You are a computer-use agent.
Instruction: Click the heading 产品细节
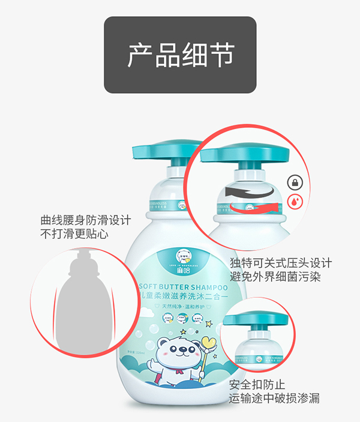pos(180,55)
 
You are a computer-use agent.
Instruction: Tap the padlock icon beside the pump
pos(295,182)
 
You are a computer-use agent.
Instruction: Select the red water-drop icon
pos(295,202)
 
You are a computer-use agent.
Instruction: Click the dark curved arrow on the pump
pos(249,193)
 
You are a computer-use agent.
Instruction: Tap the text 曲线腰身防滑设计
pos(85,220)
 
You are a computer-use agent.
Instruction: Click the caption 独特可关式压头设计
pos(280,264)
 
